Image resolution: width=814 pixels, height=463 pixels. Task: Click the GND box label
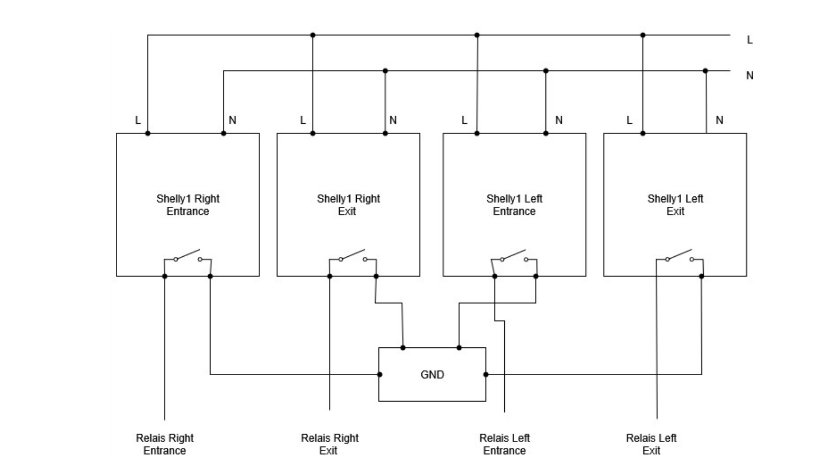432,374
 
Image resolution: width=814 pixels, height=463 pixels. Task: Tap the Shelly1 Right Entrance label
188,205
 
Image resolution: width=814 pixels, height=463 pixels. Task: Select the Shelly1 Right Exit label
348,205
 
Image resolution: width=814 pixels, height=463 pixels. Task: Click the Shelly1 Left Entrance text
514,205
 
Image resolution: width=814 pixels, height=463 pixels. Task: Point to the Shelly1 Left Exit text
675,205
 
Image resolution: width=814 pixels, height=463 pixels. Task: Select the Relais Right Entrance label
165,444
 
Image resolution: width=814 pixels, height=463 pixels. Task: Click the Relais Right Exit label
329,444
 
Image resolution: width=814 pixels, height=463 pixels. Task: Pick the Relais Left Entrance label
504,444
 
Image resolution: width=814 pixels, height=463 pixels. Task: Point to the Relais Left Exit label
651,444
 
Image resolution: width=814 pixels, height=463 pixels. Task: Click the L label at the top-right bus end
750,40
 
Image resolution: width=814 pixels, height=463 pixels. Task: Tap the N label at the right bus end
750,76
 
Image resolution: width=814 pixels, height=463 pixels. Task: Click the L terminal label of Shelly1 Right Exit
303,120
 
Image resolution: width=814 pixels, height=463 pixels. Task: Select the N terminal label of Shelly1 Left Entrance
559,120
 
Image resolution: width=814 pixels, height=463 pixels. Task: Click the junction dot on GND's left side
380,374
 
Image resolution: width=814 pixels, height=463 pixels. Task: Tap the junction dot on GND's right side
486,374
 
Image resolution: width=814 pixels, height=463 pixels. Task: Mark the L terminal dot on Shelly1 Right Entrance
148,133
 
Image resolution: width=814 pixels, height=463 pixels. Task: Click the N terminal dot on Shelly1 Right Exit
385,133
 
